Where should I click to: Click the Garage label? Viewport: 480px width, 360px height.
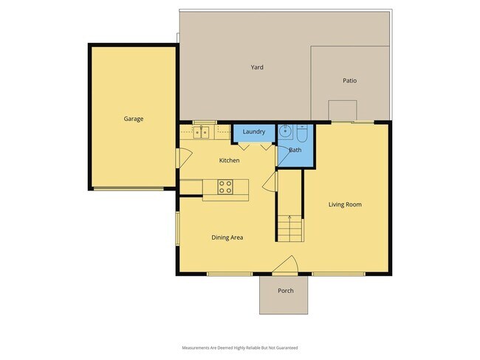point(133,118)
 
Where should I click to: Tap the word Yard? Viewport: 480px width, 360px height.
point(257,67)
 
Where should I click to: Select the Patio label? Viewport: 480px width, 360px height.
point(349,80)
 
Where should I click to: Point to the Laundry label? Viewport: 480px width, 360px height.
point(254,132)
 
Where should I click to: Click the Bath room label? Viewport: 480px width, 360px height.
point(295,150)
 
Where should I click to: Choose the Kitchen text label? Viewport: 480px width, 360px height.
point(229,160)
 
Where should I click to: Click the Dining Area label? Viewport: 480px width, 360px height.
point(227,238)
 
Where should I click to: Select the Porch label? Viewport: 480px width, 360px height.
point(285,291)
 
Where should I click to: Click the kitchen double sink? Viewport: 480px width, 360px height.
point(201,133)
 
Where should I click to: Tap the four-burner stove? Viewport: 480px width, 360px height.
point(225,187)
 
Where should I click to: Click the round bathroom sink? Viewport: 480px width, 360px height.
point(286,134)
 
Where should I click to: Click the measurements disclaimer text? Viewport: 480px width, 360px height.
point(240,347)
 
